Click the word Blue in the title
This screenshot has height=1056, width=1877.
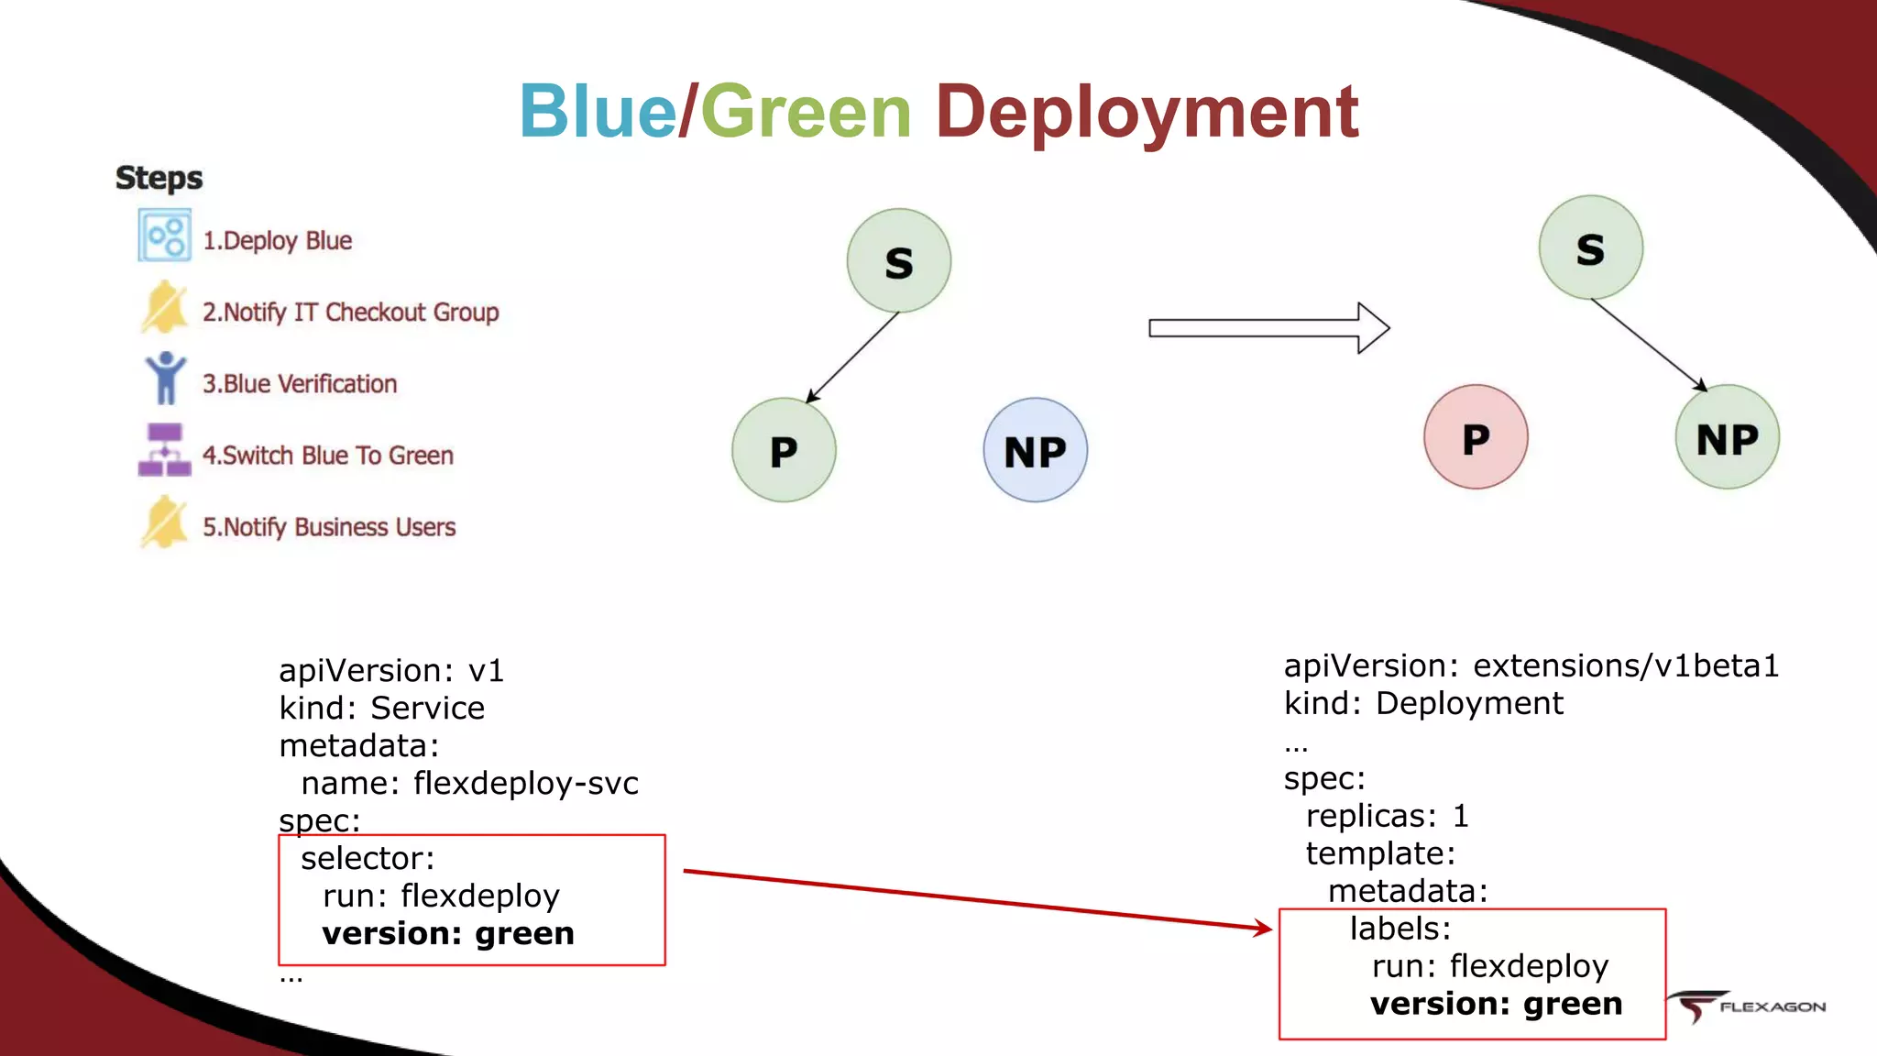tap(598, 112)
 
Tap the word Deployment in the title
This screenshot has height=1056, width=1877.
tap(1146, 112)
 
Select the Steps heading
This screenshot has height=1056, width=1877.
tap(159, 178)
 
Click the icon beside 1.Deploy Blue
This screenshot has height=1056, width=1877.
tap(165, 236)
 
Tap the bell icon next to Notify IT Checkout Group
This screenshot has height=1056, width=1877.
tap(165, 308)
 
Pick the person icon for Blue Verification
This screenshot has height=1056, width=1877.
tap(165, 379)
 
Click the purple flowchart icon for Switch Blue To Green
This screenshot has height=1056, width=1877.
tap(165, 450)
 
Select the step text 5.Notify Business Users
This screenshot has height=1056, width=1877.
tap(329, 527)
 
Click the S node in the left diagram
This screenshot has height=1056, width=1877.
tap(898, 261)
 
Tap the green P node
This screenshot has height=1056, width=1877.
tap(784, 450)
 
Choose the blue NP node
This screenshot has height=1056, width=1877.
tap(1035, 450)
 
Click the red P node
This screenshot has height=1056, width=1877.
tap(1476, 437)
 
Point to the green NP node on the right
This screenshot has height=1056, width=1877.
tap(1727, 437)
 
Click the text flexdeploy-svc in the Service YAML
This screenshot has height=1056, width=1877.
tap(525, 784)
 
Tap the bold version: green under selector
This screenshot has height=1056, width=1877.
tap(448, 933)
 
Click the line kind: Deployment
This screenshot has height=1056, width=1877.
tap(1423, 703)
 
